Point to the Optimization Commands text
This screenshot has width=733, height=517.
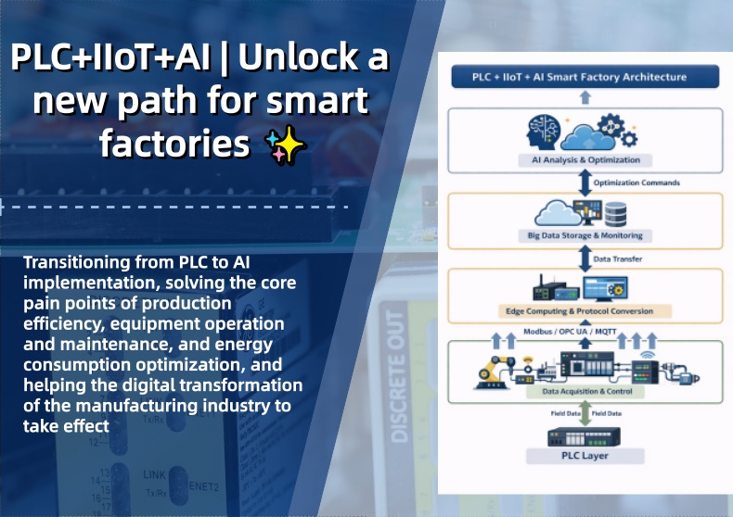point(635,183)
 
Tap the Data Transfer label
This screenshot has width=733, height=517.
point(617,258)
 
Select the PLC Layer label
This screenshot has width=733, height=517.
point(585,455)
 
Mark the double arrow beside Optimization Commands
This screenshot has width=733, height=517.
point(585,183)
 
